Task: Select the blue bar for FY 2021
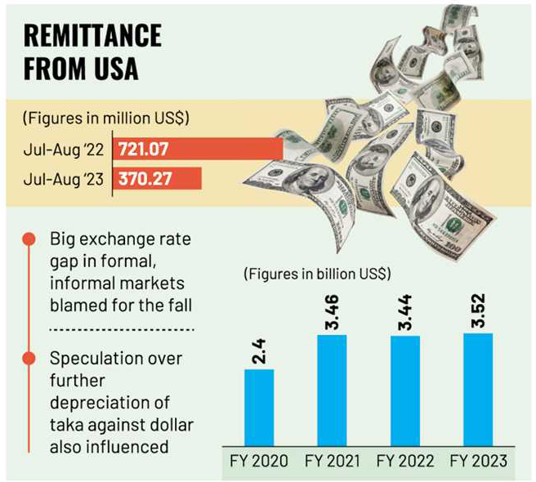coord(331,389)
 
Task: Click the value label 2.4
coord(259,350)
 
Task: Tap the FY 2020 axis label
coord(259,461)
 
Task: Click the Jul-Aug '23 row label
coord(65,178)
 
